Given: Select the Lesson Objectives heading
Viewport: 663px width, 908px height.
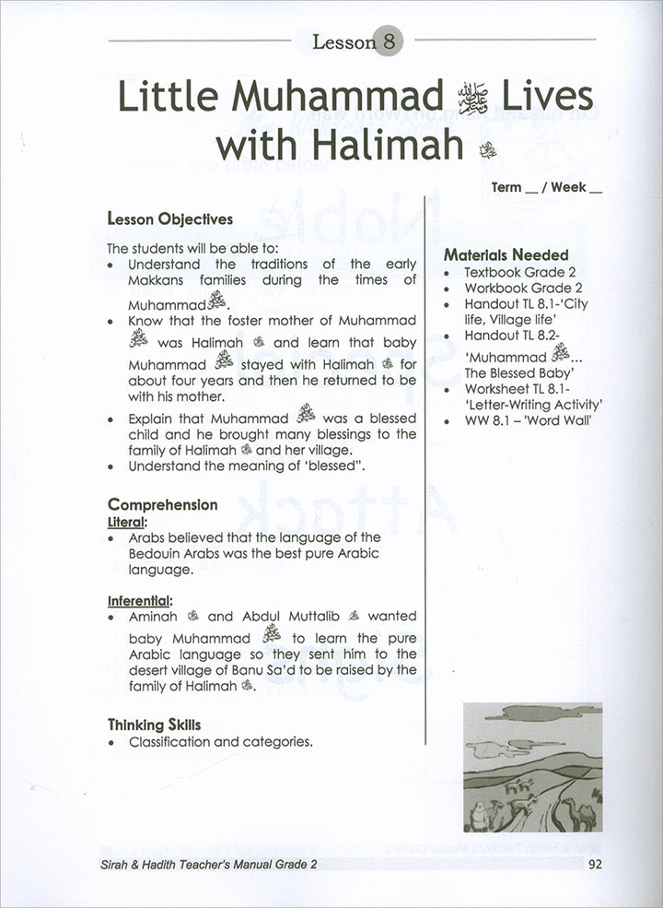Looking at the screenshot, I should tap(170, 219).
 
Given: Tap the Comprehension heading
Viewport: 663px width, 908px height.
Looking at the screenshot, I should tap(163, 504).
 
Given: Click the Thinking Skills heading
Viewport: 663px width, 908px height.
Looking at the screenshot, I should tap(154, 725).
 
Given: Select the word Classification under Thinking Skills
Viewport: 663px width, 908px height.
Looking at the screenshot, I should tap(169, 741).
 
